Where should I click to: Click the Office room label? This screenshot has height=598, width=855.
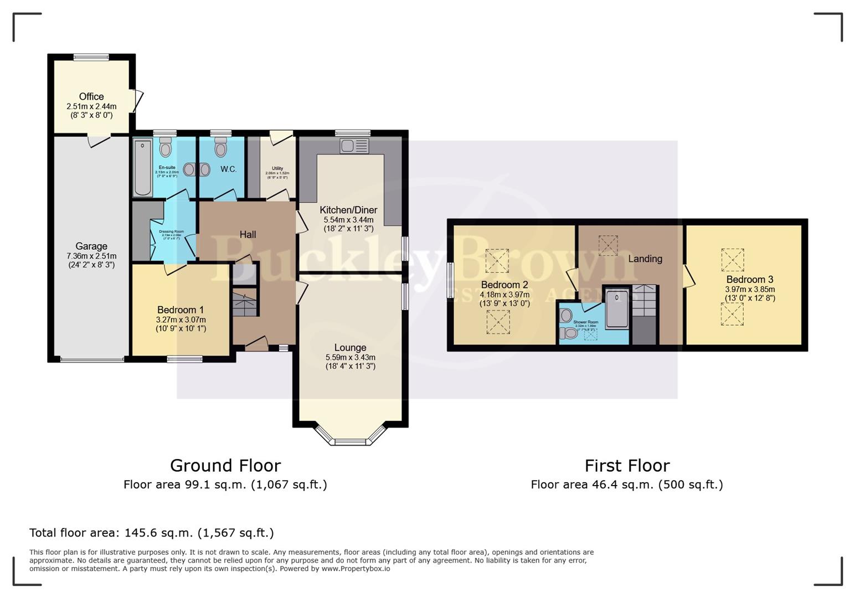click(91, 96)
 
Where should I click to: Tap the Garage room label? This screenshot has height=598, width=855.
click(91, 246)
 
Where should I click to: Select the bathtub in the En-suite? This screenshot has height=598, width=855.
click(143, 167)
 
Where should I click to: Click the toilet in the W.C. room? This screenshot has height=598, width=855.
click(221, 148)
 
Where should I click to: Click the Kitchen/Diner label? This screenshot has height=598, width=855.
click(348, 210)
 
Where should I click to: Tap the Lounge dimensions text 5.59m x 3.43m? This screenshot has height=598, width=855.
click(350, 357)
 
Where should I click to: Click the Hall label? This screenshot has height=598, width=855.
click(248, 235)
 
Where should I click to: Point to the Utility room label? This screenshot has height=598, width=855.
click(277, 168)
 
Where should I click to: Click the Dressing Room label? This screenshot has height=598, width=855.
click(171, 231)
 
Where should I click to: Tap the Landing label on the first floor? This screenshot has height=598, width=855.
click(645, 259)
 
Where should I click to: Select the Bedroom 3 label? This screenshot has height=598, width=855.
click(750, 280)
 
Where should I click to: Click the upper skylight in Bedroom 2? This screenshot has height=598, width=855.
click(497, 260)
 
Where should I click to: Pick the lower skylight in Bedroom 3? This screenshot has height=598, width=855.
click(732, 315)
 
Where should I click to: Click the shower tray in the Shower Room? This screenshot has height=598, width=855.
click(617, 308)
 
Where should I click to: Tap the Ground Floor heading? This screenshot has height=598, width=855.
click(225, 465)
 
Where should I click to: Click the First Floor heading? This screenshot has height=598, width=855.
click(627, 465)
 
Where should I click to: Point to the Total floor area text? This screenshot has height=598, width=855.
click(151, 533)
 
